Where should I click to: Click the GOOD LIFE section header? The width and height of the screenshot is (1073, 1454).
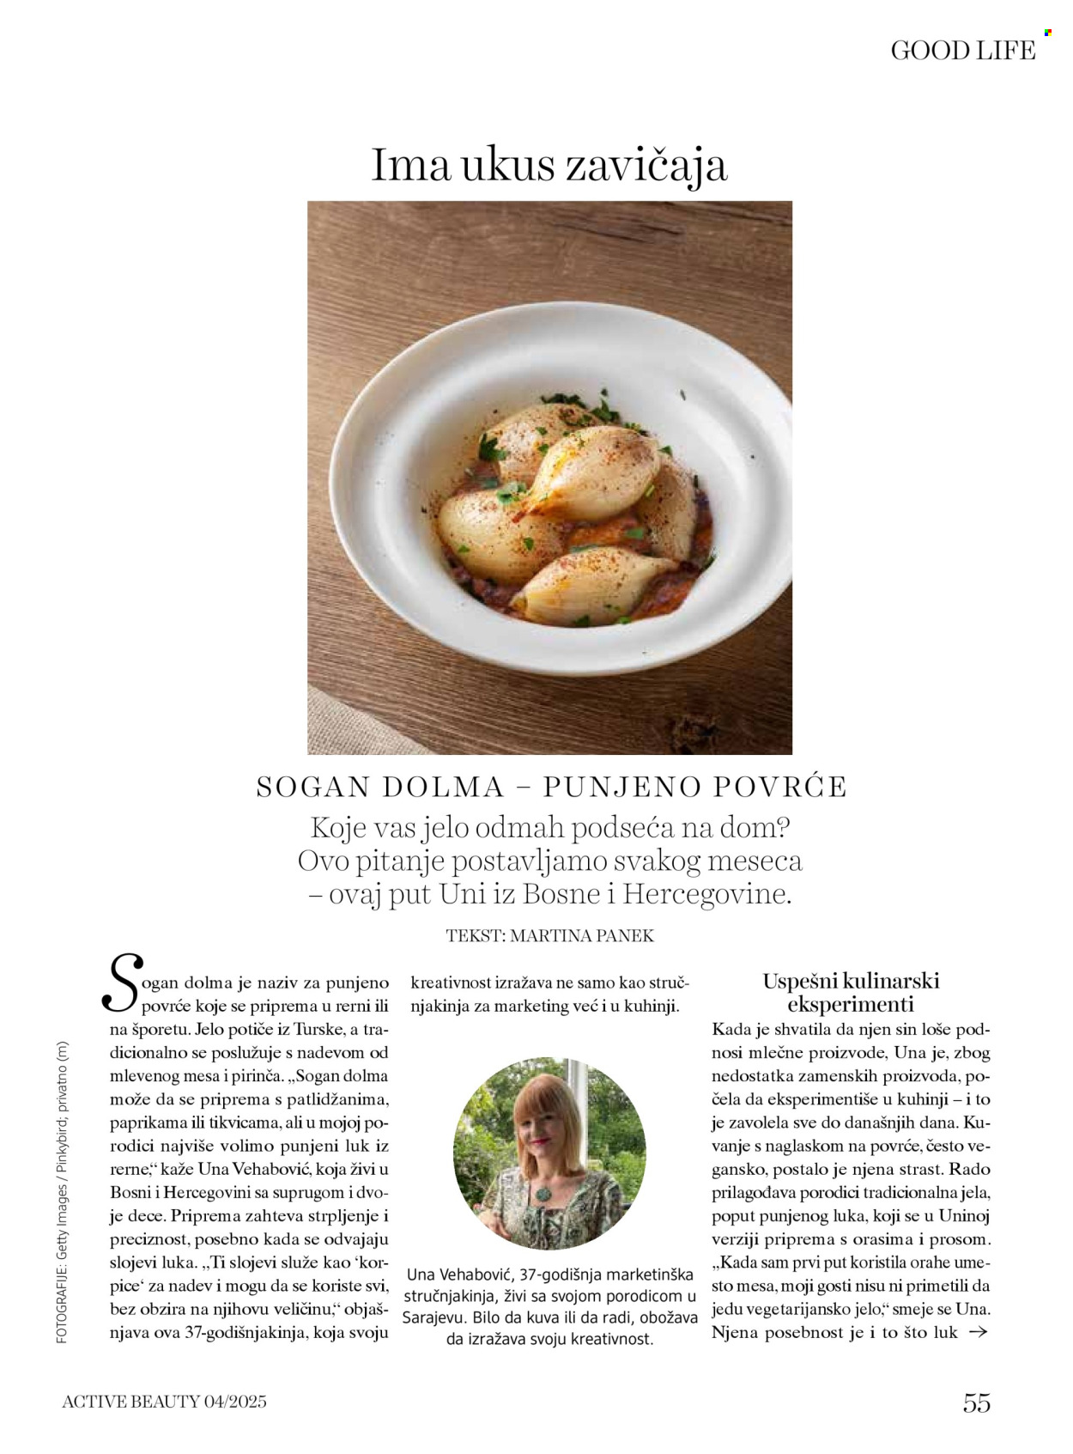pyautogui.click(x=962, y=51)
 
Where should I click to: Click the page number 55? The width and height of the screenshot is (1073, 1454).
pyautogui.click(x=977, y=1403)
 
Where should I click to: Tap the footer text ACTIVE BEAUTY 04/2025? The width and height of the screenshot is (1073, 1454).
pyautogui.click(x=164, y=1402)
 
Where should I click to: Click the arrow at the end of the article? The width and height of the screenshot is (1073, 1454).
pyautogui.click(x=978, y=1332)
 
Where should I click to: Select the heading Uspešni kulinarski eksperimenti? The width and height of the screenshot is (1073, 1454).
pyautogui.click(x=851, y=992)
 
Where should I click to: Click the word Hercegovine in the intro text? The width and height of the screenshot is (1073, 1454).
pyautogui.click(x=706, y=894)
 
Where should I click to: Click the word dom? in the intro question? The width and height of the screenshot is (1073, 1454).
pyautogui.click(x=753, y=829)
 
